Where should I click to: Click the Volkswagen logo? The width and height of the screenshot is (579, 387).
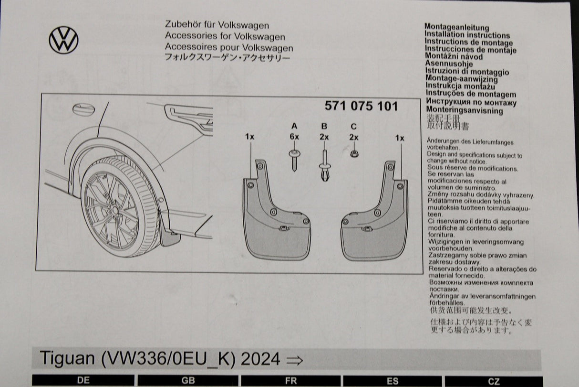pyautogui.click(x=63, y=40)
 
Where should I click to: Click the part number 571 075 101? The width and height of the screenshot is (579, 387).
pyautogui.click(x=361, y=107)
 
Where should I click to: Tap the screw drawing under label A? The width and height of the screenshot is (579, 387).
pyautogui.click(x=294, y=159)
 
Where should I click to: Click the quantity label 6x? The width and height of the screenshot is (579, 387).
pyautogui.click(x=294, y=137)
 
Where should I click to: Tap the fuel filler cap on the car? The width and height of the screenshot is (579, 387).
pyautogui.click(x=83, y=109)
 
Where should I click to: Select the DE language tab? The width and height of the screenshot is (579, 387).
pyautogui.click(x=83, y=381)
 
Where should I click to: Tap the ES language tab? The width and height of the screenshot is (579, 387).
pyautogui.click(x=393, y=381)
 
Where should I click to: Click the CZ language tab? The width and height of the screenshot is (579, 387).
pyautogui.click(x=494, y=381)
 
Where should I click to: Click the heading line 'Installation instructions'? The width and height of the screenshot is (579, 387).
pyautogui.click(x=467, y=35)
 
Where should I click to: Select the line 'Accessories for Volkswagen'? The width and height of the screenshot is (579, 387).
pyautogui.click(x=225, y=37)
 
